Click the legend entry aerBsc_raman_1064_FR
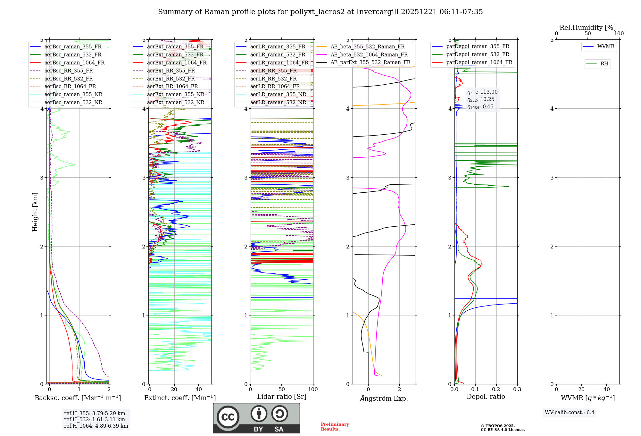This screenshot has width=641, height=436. point(74,63)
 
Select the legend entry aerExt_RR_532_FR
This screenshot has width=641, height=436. point(171,79)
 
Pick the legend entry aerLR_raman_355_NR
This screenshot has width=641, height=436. point(278,94)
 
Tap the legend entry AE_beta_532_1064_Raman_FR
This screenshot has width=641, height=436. point(369,55)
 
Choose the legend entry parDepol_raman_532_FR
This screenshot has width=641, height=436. point(478,54)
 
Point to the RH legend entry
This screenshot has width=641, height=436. point(604,64)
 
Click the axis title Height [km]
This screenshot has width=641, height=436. point(35,212)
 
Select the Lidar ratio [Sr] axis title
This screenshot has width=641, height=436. point(282,397)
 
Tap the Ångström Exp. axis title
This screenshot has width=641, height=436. point(384,398)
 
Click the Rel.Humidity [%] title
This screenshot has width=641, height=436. point(587,28)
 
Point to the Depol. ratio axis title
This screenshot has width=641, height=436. point(486,397)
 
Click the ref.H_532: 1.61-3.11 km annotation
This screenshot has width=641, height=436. point(95,419)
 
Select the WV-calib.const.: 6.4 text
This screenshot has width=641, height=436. point(569,412)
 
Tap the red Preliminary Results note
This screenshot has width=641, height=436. point(335,426)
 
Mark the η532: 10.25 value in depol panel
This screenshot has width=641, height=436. point(481,99)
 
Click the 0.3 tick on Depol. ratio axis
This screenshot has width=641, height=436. point(517,389)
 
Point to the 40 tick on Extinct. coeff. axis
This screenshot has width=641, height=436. point(199,389)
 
